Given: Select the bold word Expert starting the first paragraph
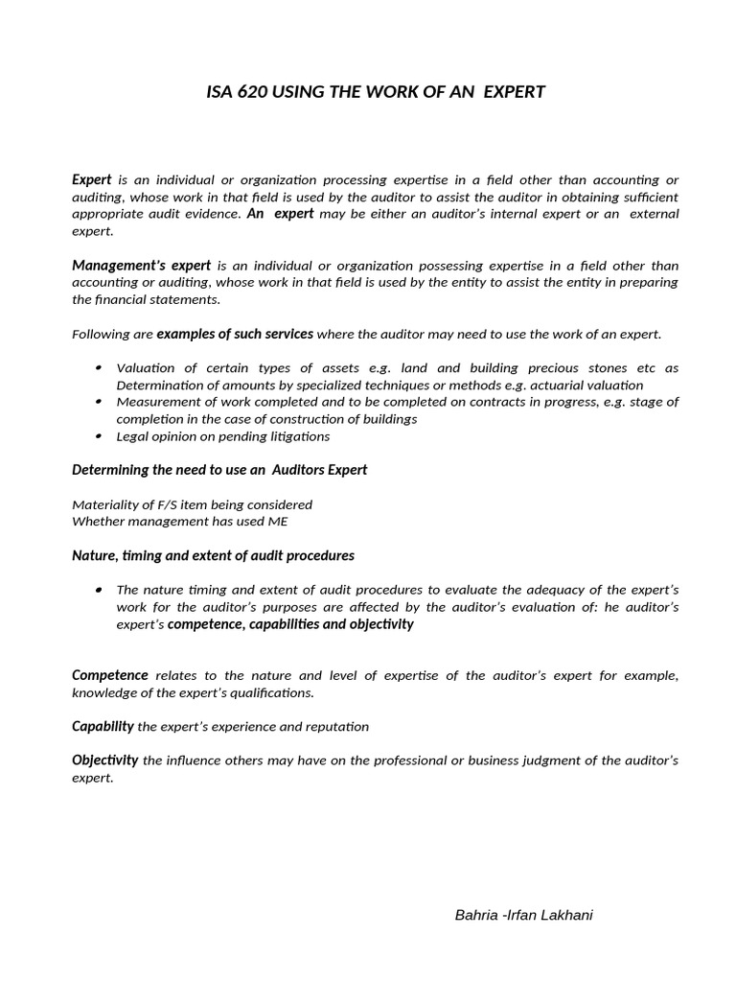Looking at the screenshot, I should [92, 179].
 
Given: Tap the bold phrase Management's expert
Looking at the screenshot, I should [141, 265].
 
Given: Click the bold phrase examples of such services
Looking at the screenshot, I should [235, 334].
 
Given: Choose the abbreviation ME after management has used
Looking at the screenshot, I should [277, 521].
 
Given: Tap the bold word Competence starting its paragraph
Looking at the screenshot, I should [110, 675].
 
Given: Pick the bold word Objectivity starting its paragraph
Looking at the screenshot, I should [105, 760].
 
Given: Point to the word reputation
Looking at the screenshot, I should [336, 727].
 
